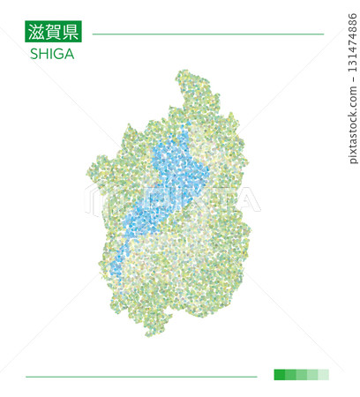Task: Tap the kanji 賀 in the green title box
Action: [x=53, y=34]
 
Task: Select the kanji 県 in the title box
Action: [x=70, y=34]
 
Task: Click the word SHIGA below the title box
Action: [x=52, y=54]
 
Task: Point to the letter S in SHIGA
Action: [x=34, y=54]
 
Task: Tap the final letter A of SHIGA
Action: [x=69, y=54]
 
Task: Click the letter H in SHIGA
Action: [x=43, y=54]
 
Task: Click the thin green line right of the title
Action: [x=207, y=34]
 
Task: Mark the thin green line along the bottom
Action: [x=141, y=377]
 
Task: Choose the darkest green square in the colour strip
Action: [x=280, y=374]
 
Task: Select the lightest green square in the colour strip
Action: [x=324, y=374]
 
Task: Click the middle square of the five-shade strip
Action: [x=302, y=374]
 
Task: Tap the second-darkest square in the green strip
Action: [x=290, y=374]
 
